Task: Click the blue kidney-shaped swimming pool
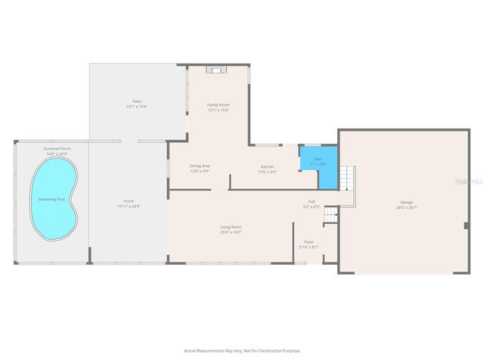tap(51, 200)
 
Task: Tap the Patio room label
tap(137, 101)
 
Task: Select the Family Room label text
tap(219, 104)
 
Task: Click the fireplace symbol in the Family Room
tap(218, 70)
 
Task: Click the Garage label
tap(406, 202)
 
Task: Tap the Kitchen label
tap(268, 166)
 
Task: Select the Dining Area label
tap(200, 166)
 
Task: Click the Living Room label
tap(231, 227)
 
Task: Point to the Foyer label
tap(309, 242)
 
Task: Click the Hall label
tap(311, 201)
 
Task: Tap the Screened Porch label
tap(57, 149)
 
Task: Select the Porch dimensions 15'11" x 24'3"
tap(129, 206)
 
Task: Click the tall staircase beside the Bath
tap(346, 179)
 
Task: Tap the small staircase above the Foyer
tap(330, 217)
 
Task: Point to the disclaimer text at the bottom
tap(241, 351)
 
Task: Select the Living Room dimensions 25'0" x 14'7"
tap(231, 232)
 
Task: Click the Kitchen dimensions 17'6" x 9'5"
tap(268, 172)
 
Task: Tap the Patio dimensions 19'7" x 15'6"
tap(137, 107)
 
